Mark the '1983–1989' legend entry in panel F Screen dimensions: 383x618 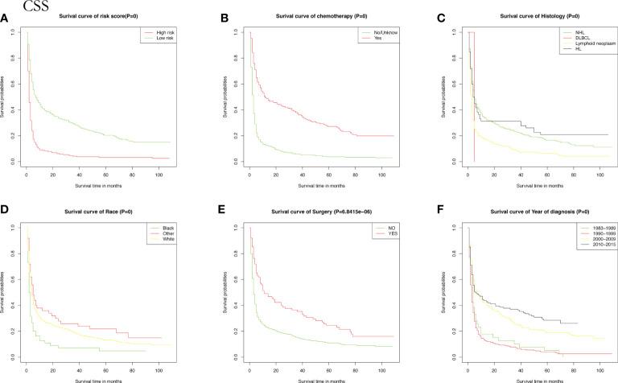591,229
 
